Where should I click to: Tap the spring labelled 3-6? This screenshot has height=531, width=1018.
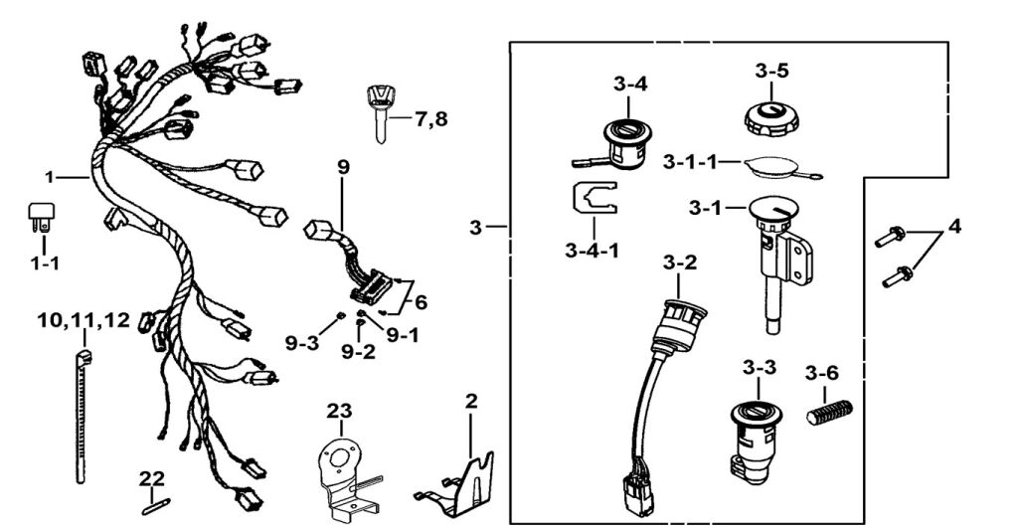[x=830, y=412]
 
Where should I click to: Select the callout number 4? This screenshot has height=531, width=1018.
[x=954, y=227]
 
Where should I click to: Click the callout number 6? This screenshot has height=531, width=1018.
[x=421, y=301]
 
